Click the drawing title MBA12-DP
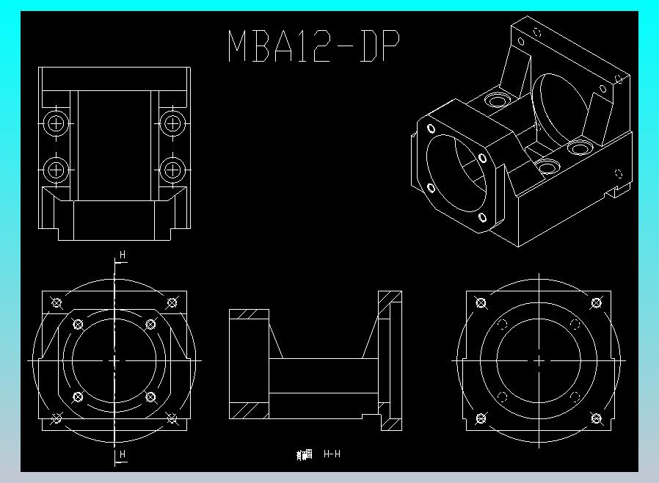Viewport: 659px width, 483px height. tap(314, 46)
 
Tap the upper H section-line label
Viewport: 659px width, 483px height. tap(123, 255)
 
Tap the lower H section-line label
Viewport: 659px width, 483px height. tap(123, 454)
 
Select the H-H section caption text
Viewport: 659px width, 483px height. tap(332, 454)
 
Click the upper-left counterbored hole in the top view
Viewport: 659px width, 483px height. tap(56, 123)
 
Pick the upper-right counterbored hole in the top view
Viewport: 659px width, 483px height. tap(172, 123)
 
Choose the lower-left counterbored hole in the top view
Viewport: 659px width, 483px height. tap(56, 170)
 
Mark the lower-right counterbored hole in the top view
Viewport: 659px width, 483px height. tap(172, 170)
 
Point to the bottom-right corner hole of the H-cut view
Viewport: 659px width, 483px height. tap(172, 418)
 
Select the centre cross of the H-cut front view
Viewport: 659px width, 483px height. tap(114, 360)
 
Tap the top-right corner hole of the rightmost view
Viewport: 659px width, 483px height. tap(596, 302)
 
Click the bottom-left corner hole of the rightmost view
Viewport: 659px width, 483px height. tap(481, 418)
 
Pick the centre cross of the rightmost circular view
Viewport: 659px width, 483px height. tap(539, 360)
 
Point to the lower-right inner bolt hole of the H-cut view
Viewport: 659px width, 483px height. tap(150, 397)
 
